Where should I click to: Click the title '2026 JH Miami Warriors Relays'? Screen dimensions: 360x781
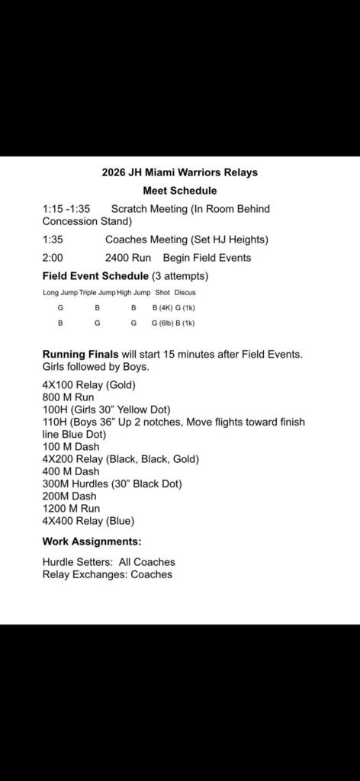(180, 172)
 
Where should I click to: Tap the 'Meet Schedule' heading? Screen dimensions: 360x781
(180, 191)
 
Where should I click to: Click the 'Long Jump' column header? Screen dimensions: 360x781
(60, 292)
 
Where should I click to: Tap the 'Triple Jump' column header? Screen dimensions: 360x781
(97, 292)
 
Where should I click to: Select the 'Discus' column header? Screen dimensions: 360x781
(185, 292)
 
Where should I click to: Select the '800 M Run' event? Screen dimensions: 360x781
(67, 397)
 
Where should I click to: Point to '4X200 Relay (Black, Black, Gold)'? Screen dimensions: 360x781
(121, 459)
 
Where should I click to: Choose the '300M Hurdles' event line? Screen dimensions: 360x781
(112, 484)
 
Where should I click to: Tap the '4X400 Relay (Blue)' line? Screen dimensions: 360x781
(88, 521)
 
